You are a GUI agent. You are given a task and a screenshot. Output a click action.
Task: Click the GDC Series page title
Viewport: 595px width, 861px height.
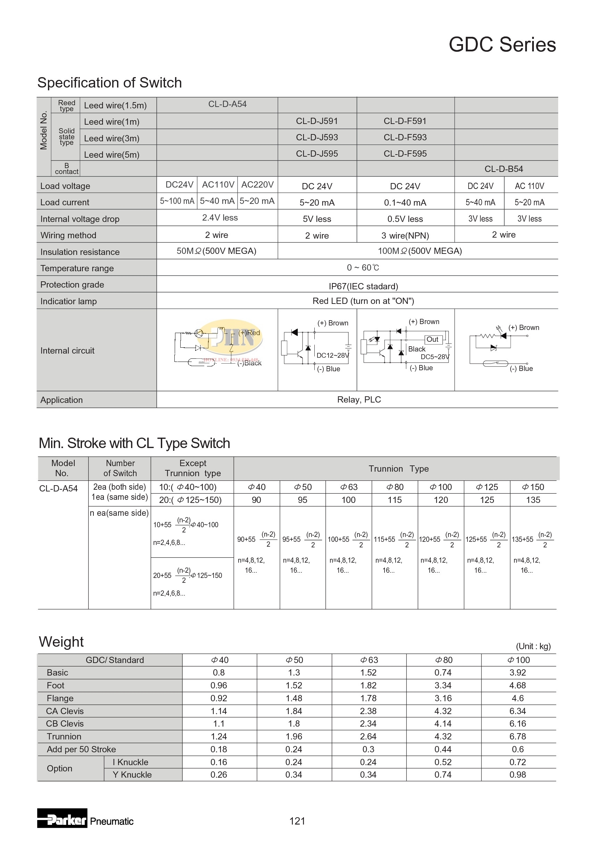point(502,45)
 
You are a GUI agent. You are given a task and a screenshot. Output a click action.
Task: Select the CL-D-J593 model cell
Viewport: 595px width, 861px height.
point(317,137)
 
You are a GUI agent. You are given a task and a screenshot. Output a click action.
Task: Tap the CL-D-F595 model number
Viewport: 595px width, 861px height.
point(405,154)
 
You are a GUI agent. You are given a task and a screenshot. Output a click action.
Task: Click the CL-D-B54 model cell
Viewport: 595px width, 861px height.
point(504,169)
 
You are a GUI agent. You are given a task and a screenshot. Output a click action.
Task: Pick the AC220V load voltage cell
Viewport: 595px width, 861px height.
point(257,184)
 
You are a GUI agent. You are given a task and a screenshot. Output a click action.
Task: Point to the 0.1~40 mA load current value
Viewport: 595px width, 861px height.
point(405,202)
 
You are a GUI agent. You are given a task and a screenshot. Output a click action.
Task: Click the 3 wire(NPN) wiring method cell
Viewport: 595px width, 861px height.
point(405,235)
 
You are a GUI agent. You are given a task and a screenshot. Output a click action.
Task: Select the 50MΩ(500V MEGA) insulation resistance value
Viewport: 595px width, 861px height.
point(216,251)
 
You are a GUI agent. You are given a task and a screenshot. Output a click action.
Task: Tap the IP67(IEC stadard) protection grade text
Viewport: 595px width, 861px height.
point(363,286)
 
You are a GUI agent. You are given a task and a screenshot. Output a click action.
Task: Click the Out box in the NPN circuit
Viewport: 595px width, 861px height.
point(432,339)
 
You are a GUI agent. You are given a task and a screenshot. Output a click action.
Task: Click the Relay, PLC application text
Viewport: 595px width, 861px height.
point(359,399)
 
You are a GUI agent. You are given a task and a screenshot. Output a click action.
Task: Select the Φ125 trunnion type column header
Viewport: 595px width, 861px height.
point(487,487)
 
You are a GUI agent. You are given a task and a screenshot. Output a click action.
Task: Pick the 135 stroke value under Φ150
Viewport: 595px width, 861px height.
point(533,500)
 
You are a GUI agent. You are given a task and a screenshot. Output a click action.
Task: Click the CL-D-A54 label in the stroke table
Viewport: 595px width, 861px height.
point(59,488)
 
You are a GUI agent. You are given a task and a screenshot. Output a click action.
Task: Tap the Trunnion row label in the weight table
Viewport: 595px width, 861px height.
point(64,737)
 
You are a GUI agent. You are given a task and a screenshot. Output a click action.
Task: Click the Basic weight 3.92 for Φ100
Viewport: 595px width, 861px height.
point(518,672)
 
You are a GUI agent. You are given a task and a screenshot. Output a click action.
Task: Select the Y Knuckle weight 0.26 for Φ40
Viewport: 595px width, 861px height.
point(218,775)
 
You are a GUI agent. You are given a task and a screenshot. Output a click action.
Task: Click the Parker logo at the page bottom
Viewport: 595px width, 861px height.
point(62,818)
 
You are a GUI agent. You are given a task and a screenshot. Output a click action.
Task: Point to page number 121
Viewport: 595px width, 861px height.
point(297,821)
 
